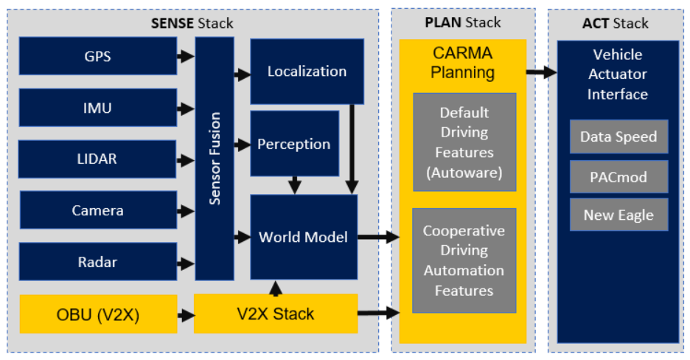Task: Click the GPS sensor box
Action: pyautogui.click(x=97, y=56)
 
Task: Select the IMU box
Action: pyautogui.click(x=97, y=108)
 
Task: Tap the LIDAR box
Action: pyautogui.click(x=97, y=159)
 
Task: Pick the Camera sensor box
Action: pyautogui.click(x=97, y=210)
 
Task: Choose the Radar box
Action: pyautogui.click(x=97, y=262)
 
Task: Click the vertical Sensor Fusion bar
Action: pyautogui.click(x=215, y=158)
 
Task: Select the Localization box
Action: pyautogui.click(x=307, y=72)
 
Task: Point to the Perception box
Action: pyautogui.click(x=294, y=144)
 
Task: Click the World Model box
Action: pyautogui.click(x=304, y=237)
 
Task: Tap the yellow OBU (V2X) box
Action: pyautogui.click(x=97, y=314)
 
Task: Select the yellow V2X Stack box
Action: pyautogui.click(x=275, y=314)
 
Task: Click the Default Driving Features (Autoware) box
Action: pyautogui.click(x=464, y=142)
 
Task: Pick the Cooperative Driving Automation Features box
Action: pyautogui.click(x=464, y=260)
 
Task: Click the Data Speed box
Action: pyautogui.click(x=618, y=136)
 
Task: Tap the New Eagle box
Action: pyautogui.click(x=618, y=215)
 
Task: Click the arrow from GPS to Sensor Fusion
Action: pyautogui.click(x=186, y=56)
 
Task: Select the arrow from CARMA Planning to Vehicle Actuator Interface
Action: pyautogui.click(x=541, y=72)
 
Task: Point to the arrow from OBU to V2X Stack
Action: pyautogui.click(x=186, y=315)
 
